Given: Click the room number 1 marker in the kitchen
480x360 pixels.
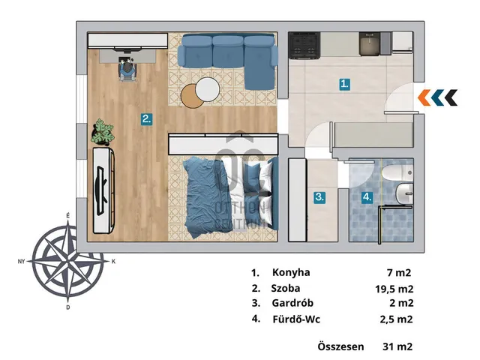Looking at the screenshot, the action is pos(345,84).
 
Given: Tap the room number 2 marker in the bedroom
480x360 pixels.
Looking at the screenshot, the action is pos(147,118).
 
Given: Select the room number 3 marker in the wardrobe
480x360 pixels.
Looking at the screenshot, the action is pos(319,197).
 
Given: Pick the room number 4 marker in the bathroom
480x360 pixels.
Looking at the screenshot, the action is pos(367,197).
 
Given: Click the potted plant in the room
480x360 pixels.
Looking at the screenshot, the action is pos(102,132).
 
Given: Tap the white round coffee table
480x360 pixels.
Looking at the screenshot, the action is pos(207,89).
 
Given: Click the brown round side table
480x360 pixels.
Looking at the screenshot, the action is pos(191,97).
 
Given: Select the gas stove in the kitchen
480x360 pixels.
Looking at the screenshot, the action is pos(304,46).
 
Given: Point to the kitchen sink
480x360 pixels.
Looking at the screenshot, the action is pos(370,43).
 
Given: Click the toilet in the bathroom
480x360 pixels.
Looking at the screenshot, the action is pos(397,173).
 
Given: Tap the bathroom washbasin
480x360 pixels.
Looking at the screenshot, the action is pos(404,193).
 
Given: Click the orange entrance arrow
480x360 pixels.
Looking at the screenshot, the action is pos(424,98).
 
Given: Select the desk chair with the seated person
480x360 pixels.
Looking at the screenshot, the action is pos(127,70).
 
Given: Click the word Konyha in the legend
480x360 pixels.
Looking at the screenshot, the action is pos(291,272).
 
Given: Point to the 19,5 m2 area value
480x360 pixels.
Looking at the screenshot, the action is pos(394,289).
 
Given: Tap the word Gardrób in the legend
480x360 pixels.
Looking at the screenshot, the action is pos(292,303).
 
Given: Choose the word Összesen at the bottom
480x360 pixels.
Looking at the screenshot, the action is pos(340,346).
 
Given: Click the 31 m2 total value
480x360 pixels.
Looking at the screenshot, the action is pos(397,346).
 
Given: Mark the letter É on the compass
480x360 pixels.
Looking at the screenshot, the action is pos(68,216).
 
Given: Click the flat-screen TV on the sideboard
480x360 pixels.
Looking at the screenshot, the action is pos(102,190).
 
